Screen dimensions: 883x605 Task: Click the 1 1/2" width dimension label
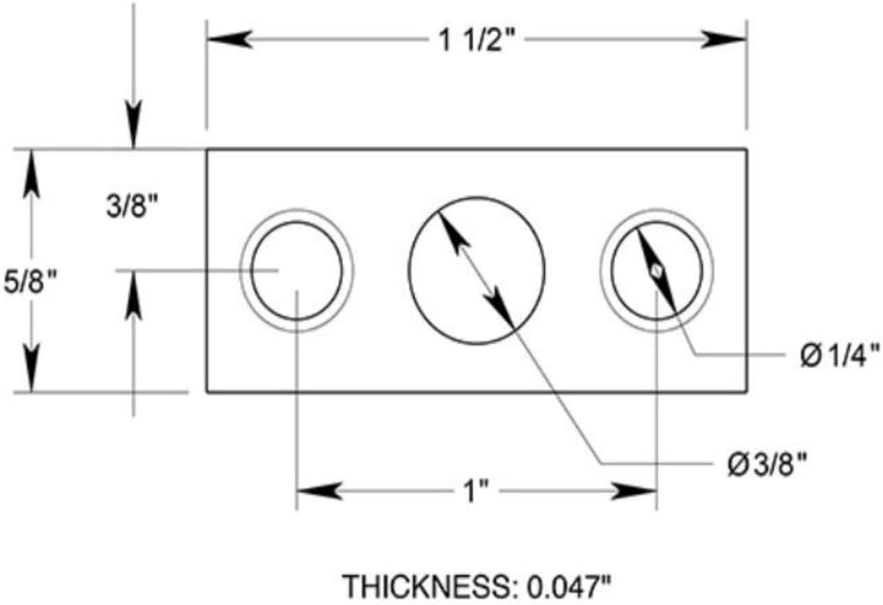(477, 40)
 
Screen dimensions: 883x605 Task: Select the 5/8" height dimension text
(30, 281)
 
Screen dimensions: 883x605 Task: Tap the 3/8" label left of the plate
(133, 206)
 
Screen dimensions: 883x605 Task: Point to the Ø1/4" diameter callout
(840, 356)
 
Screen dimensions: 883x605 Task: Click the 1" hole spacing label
(476, 492)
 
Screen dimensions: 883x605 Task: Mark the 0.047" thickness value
(568, 587)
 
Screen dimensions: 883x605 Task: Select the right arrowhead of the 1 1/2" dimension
(723, 39)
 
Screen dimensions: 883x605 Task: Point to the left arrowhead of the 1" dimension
(319, 491)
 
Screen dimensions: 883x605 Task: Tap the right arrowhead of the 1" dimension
(634, 491)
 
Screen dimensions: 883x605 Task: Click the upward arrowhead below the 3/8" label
(134, 296)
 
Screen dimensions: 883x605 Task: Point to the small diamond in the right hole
(656, 271)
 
